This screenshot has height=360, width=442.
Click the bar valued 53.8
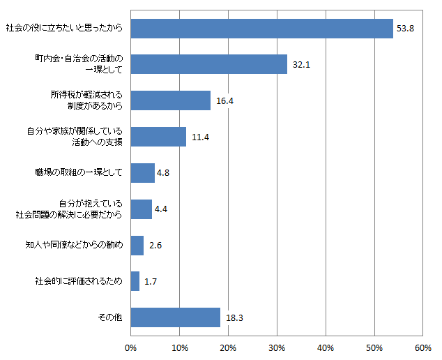[261, 28]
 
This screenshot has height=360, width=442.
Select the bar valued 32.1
[208, 64]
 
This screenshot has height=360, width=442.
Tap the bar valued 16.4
[170, 100]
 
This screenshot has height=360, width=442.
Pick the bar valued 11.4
[158, 137]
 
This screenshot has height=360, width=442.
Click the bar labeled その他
[175, 317]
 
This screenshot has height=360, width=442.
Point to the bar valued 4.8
[142, 173]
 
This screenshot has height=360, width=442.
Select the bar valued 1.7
[135, 281]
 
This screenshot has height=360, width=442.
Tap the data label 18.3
[234, 318]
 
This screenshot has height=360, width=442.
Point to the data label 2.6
[156, 246]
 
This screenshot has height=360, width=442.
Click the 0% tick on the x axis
[130, 347]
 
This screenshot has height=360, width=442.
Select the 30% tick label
[277, 347]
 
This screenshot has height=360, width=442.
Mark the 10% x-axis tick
[179, 347]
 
